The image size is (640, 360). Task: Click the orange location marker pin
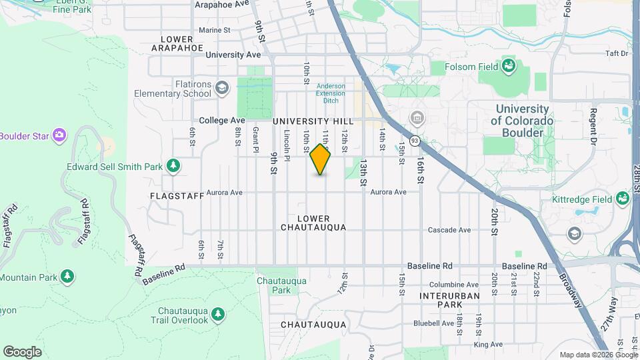click(x=320, y=160)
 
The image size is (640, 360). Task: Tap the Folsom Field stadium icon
click(x=509, y=65)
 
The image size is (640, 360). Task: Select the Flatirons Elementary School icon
click(x=223, y=87)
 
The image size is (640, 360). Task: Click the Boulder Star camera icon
click(x=59, y=135)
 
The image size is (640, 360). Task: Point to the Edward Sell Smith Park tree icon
click(x=173, y=165)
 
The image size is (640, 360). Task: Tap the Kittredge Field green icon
click(x=623, y=199)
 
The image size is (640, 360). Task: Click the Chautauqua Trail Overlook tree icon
click(x=217, y=314)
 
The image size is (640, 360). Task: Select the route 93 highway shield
click(x=415, y=141)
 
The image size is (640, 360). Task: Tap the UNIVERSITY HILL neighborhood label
click(x=313, y=121)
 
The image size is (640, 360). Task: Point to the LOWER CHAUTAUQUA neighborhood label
click(x=313, y=223)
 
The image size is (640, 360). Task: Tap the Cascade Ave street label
click(x=449, y=230)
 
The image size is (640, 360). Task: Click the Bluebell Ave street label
click(x=433, y=323)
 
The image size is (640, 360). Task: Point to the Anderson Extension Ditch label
click(x=331, y=89)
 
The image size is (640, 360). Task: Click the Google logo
click(x=22, y=352)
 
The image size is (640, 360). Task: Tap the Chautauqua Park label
click(x=281, y=285)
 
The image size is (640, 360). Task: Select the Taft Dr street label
click(x=617, y=53)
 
